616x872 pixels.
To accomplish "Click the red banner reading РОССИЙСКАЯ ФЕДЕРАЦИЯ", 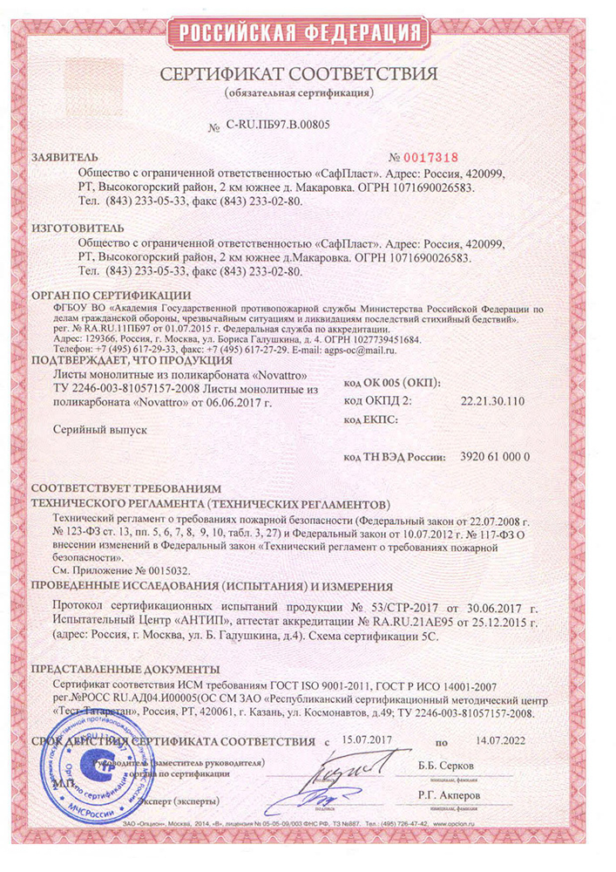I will pyautogui.click(x=307, y=32).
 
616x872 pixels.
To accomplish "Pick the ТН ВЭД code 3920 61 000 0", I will pyautogui.click(x=492, y=456).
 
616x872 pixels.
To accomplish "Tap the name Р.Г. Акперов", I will pyautogui.click(x=467, y=795).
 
